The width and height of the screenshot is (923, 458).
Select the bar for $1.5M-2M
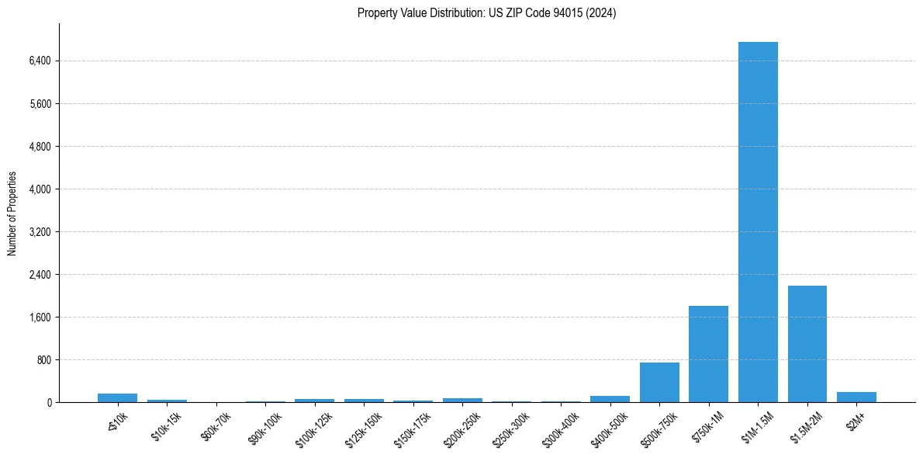(x=807, y=344)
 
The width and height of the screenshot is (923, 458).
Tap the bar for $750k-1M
(x=708, y=354)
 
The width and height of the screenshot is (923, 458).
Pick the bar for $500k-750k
(x=659, y=382)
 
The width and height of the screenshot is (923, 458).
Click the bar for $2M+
(x=856, y=397)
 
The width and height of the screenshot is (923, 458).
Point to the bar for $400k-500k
(x=610, y=399)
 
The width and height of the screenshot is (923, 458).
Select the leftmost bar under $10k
(x=117, y=397)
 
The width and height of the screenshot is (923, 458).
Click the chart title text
(x=487, y=13)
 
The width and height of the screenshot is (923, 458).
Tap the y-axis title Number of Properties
(x=12, y=213)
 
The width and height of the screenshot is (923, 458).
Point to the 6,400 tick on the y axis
(x=39, y=61)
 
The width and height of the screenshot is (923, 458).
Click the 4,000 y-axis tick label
(x=39, y=189)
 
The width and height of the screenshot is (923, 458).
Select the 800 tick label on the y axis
(x=43, y=360)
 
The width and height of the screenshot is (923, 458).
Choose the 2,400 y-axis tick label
(x=39, y=275)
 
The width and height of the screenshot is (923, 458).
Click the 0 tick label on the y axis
(x=48, y=403)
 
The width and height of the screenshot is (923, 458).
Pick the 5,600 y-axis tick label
(x=39, y=104)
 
